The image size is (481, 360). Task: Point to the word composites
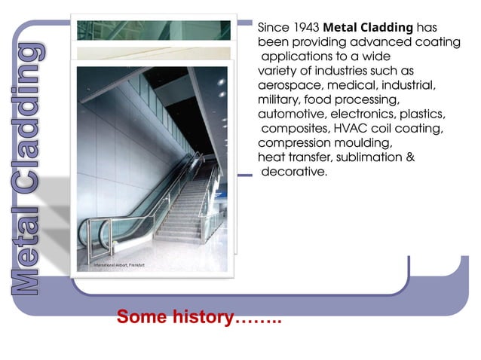pyautogui.click(x=296, y=129)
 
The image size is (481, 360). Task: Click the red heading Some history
pyautogui.click(x=198, y=317)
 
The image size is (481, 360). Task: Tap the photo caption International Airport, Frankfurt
pyautogui.click(x=119, y=266)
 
